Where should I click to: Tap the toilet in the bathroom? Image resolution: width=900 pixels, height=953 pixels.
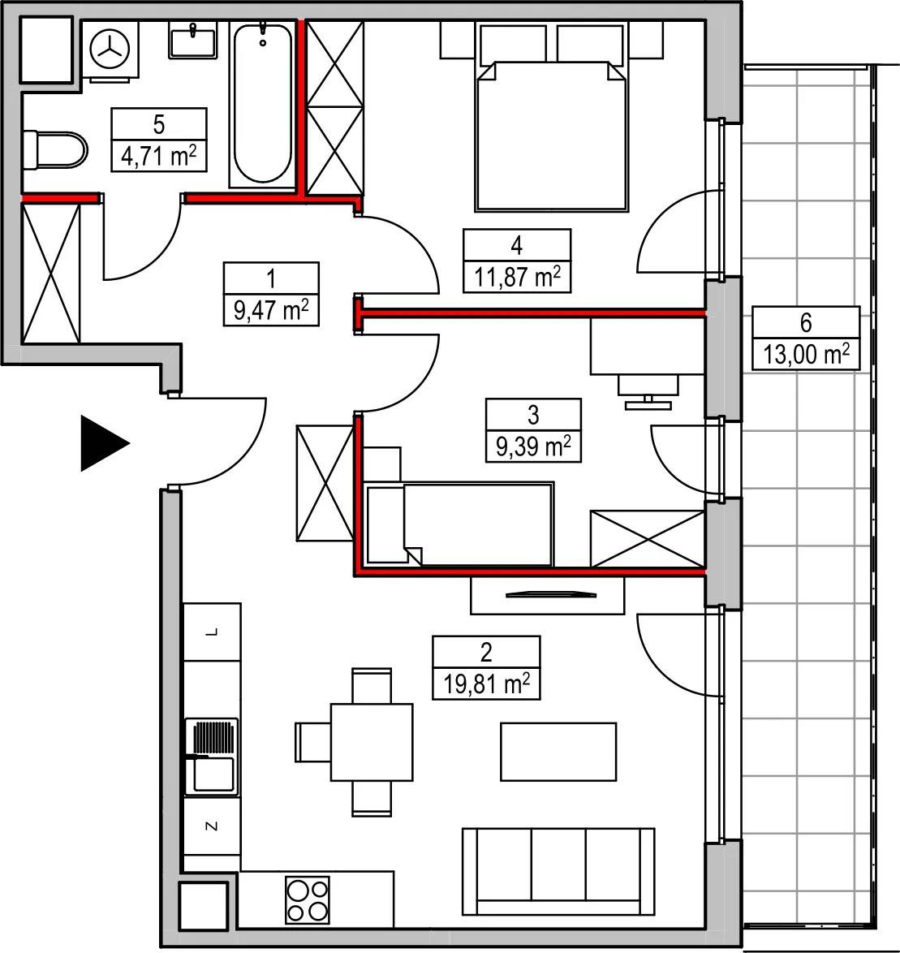click(54, 149)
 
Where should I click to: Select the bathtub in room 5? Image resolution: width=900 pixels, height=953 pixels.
click(262, 105)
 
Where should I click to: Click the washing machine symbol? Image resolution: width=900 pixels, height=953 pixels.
click(110, 50)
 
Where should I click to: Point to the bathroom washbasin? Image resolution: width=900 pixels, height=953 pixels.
click(193, 41)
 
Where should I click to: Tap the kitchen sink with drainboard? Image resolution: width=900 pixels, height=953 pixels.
click(212, 757)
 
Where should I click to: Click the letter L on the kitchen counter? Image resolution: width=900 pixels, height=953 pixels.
click(212, 632)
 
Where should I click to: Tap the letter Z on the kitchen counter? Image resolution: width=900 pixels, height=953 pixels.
click(212, 826)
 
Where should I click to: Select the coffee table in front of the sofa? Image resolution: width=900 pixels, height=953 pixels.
click(558, 752)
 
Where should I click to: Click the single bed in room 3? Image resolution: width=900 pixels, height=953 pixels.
click(461, 524)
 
